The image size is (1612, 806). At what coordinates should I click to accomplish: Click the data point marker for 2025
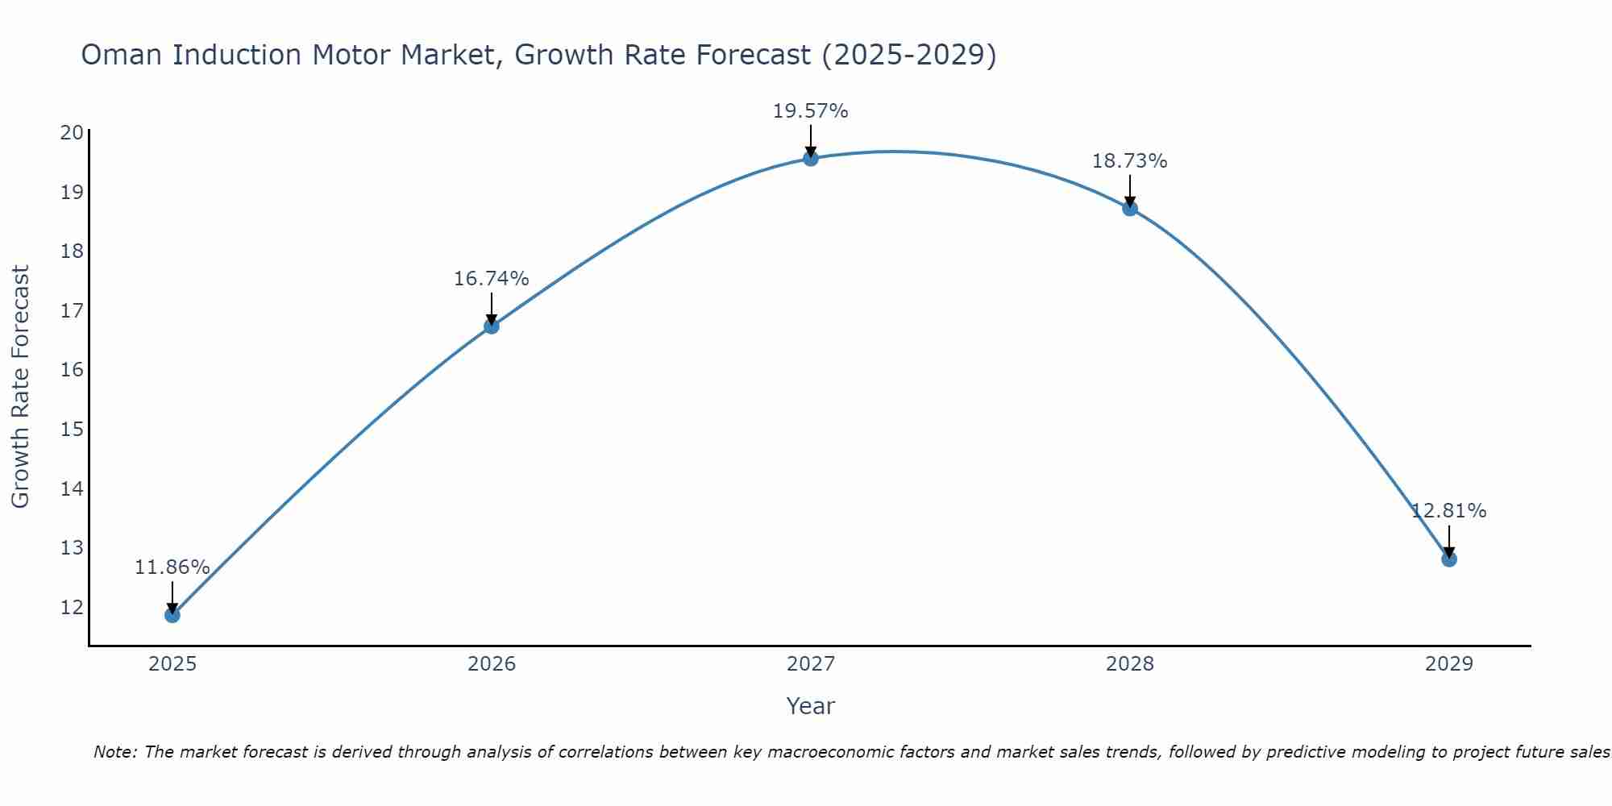[172, 615]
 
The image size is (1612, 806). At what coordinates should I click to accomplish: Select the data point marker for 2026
[492, 326]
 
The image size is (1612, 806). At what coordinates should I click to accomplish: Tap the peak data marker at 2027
[811, 159]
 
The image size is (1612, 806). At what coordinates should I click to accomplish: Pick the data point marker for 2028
[1130, 209]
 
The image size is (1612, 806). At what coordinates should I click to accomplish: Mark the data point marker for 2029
[1449, 559]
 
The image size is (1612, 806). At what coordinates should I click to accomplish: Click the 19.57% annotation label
[810, 111]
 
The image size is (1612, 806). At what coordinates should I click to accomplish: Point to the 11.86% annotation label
[172, 567]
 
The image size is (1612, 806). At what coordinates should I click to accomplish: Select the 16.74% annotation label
[491, 279]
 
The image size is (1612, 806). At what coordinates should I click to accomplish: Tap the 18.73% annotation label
[1129, 161]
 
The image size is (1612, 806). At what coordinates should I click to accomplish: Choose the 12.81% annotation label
[1448, 511]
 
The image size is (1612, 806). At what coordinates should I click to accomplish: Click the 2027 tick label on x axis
[811, 664]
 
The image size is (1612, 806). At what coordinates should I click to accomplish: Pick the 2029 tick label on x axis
[1449, 664]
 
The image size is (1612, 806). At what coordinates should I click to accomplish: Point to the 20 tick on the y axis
[72, 133]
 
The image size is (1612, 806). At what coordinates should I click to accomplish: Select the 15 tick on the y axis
[72, 429]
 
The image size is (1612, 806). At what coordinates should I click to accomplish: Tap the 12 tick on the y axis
[72, 607]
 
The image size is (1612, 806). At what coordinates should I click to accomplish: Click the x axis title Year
[810, 706]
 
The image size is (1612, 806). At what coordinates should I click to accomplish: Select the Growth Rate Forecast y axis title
[20, 387]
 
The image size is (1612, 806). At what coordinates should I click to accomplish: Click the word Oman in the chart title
[123, 55]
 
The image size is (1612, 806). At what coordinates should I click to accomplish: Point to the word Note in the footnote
[115, 752]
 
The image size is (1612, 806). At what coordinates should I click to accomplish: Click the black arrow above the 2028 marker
[1130, 192]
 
